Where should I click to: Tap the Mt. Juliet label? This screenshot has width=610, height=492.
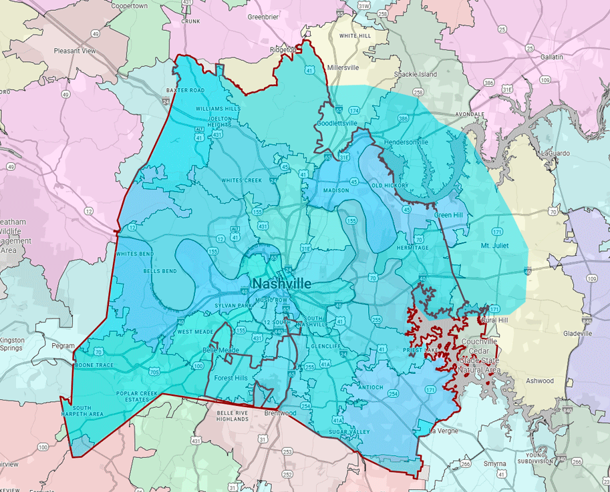494,246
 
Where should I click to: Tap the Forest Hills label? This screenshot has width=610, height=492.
231,378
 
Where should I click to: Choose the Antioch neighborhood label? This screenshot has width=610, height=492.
369,387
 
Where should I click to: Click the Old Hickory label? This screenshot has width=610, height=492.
390,185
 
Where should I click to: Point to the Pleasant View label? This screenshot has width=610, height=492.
75,51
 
